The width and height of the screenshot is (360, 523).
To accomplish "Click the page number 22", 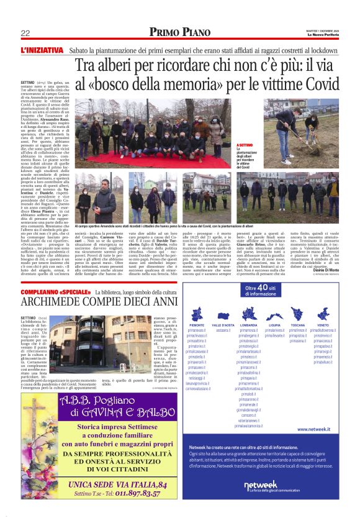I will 25,33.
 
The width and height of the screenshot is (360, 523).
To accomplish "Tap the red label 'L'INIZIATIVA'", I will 42,49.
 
